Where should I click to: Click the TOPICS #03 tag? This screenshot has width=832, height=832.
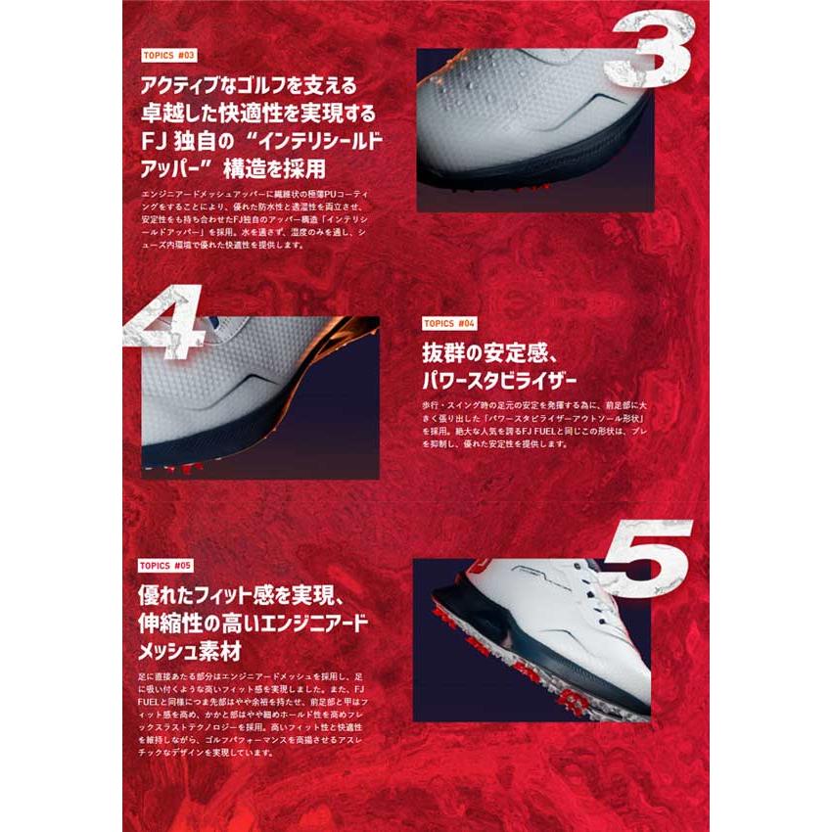click(168, 56)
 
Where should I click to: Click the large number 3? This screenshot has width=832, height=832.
click(647, 59)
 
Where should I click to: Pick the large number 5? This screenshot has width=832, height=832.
click(647, 558)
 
